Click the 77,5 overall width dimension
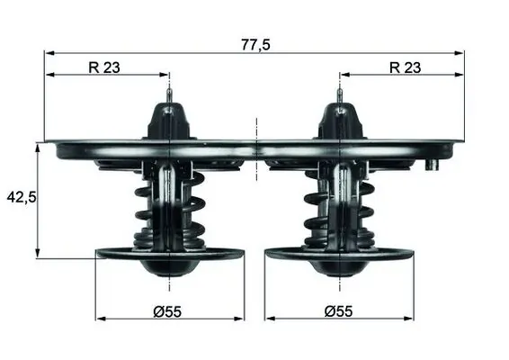(255, 43)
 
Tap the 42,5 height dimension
(20, 197)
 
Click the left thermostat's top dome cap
(170, 121)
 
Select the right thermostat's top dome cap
(339, 121)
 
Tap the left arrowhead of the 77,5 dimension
(49, 53)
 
